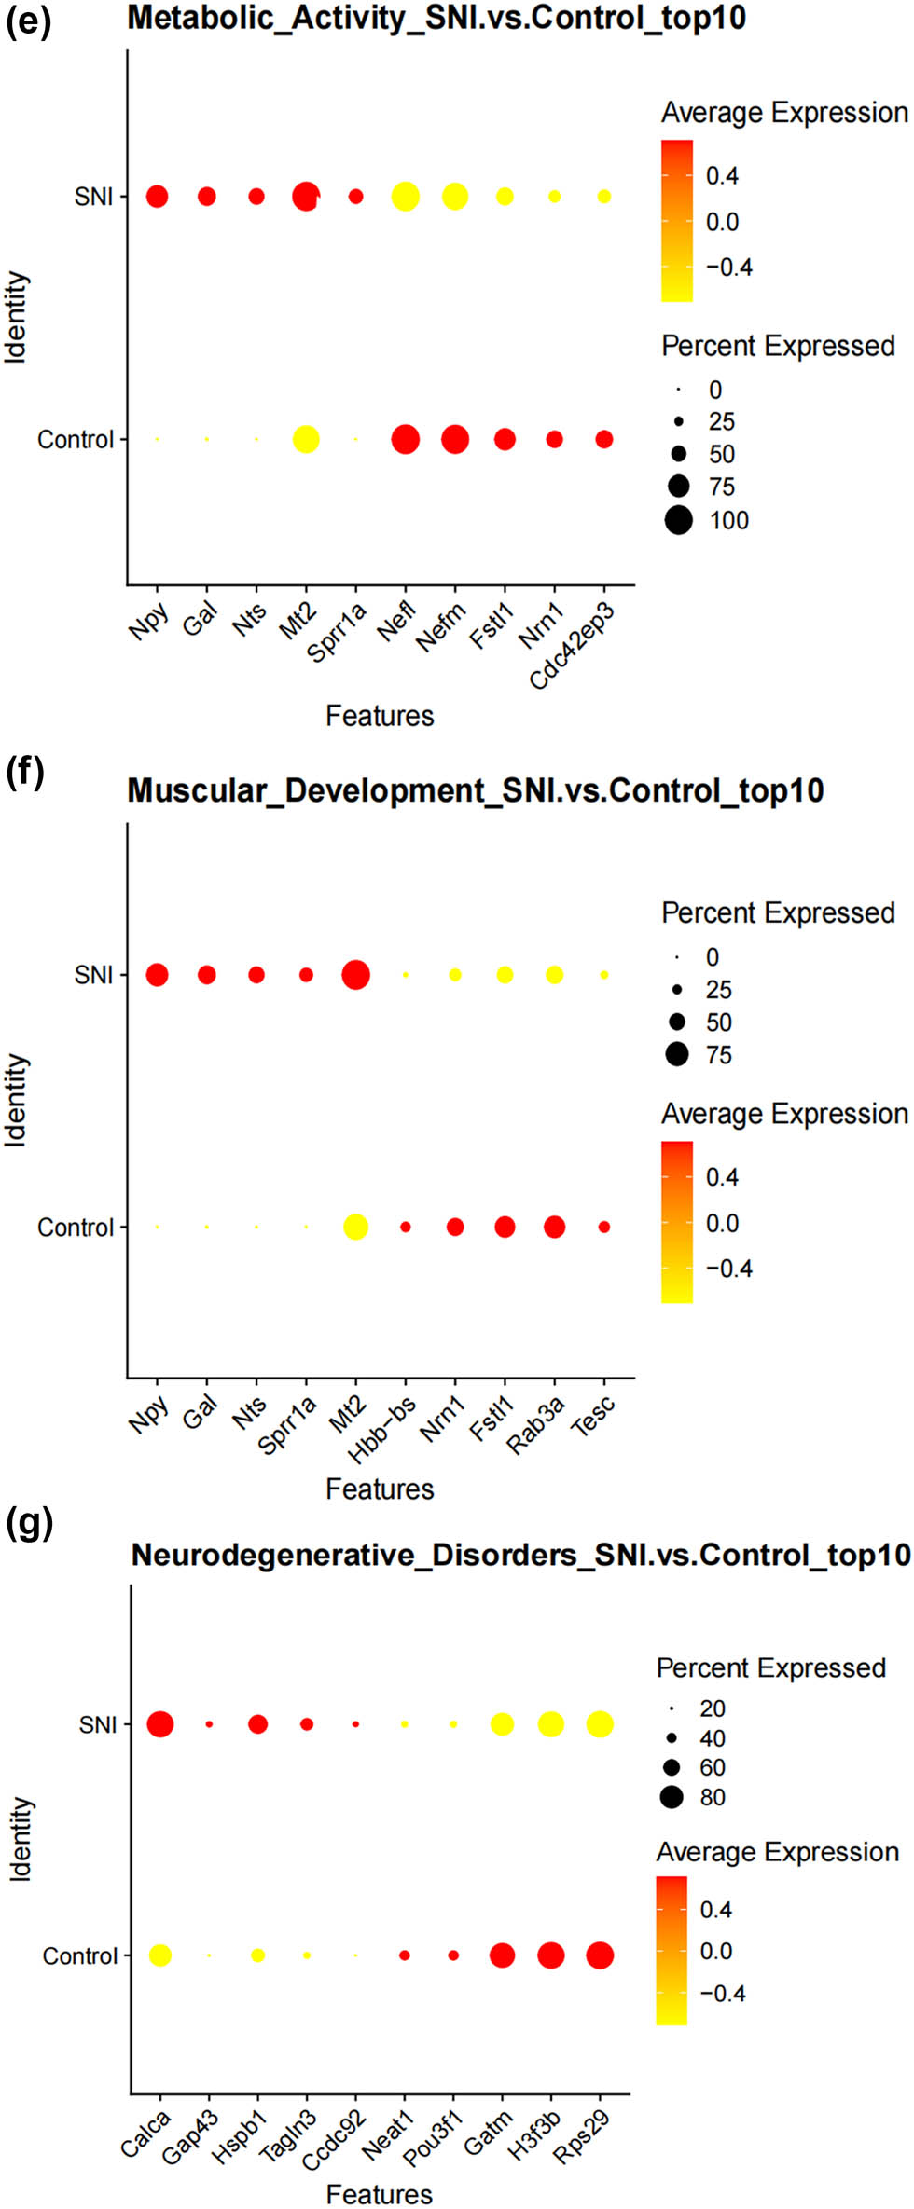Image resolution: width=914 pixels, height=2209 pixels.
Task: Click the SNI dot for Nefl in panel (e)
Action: (x=405, y=197)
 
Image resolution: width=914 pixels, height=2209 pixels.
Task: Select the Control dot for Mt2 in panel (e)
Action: (x=305, y=439)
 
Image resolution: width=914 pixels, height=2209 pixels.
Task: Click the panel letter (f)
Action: (x=24, y=772)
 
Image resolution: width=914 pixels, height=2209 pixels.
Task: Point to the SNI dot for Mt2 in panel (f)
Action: (x=355, y=975)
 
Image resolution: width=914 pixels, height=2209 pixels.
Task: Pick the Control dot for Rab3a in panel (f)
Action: (x=554, y=1227)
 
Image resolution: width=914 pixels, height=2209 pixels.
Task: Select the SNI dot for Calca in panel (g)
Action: (x=160, y=1724)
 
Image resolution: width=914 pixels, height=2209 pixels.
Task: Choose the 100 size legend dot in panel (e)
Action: (x=678, y=520)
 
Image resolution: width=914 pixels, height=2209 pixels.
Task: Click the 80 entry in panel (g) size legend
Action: (x=672, y=1797)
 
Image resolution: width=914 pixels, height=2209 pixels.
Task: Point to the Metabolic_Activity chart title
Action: (x=436, y=18)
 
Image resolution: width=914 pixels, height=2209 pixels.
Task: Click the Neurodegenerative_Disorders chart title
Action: (x=520, y=1555)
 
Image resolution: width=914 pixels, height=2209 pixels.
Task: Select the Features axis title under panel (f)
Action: (x=380, y=1489)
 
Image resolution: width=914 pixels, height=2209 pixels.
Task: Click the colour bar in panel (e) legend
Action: (x=677, y=221)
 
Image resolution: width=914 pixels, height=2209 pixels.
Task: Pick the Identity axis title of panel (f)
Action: (x=17, y=1100)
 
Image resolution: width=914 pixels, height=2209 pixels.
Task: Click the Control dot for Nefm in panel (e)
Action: (x=454, y=439)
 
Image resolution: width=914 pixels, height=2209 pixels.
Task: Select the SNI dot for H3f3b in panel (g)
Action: (x=551, y=1724)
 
